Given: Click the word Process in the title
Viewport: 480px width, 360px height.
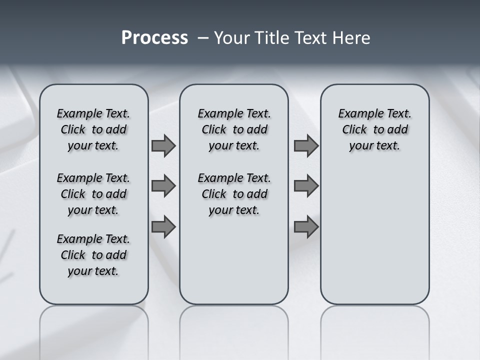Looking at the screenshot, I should [x=154, y=38].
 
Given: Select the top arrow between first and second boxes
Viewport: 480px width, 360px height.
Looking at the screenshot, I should [x=163, y=145].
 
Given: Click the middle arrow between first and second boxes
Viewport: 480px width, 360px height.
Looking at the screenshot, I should [x=163, y=186].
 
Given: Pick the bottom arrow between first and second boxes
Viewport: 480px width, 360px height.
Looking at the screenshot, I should [x=163, y=227].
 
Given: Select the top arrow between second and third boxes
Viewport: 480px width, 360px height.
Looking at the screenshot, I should [x=306, y=145].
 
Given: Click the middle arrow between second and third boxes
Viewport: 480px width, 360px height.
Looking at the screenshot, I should [x=306, y=186].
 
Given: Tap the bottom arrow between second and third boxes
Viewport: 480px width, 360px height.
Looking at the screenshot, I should [x=306, y=227].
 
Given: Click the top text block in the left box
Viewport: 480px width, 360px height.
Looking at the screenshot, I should [x=93, y=129].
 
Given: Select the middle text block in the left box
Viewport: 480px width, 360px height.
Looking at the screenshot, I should [x=93, y=194].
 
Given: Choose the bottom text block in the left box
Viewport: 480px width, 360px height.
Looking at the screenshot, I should [x=93, y=255].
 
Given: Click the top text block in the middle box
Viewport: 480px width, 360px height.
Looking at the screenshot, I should [x=234, y=129].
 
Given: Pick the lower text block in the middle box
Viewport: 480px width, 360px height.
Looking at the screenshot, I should [x=234, y=194].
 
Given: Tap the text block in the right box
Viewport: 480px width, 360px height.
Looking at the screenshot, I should [x=374, y=129].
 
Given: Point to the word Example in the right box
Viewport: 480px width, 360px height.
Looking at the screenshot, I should [x=357, y=114].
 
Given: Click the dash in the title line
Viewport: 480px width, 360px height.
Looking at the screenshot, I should [x=202, y=38].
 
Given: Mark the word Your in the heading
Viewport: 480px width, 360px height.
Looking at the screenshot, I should [x=232, y=38].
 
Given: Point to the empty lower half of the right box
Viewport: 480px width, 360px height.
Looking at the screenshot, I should [x=374, y=240].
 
